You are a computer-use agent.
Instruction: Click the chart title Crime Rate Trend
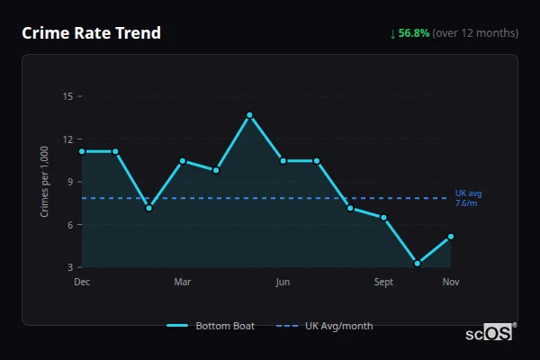[x=91, y=33]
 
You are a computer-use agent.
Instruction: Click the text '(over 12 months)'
[x=475, y=33]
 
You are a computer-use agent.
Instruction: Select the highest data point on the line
[x=249, y=115]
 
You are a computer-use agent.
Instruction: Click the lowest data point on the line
[x=418, y=264]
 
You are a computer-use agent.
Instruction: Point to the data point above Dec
[x=82, y=151]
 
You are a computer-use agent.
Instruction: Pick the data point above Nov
[x=451, y=237]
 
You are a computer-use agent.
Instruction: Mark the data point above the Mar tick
[x=183, y=161]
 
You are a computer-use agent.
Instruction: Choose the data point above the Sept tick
[x=383, y=218]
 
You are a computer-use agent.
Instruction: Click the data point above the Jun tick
[x=283, y=161]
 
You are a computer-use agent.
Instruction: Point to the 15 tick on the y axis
[x=67, y=96]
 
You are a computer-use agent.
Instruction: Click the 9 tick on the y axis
[x=67, y=182]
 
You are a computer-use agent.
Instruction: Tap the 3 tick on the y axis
[x=67, y=267]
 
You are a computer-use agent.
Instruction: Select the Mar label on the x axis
[x=183, y=282]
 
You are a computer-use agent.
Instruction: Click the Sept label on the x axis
[x=383, y=282]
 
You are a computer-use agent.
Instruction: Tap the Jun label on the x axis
[x=283, y=282]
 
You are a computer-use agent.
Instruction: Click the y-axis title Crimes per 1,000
[x=44, y=181]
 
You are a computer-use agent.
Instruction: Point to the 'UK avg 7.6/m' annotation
[x=468, y=198]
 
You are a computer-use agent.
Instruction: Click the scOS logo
[x=490, y=333]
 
